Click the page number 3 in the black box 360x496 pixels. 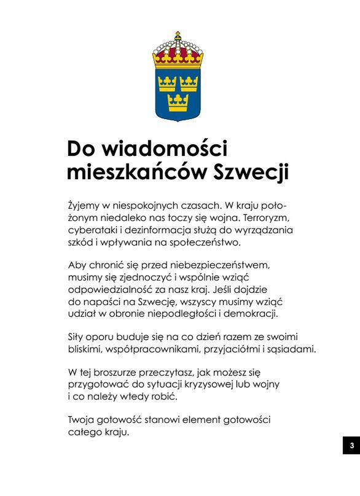click(x=351, y=445)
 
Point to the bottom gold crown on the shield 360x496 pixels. click(x=178, y=102)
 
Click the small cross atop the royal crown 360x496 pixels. click(x=178, y=33)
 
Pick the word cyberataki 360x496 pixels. click(x=93, y=230)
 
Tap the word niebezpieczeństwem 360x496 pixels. click(x=216, y=265)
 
